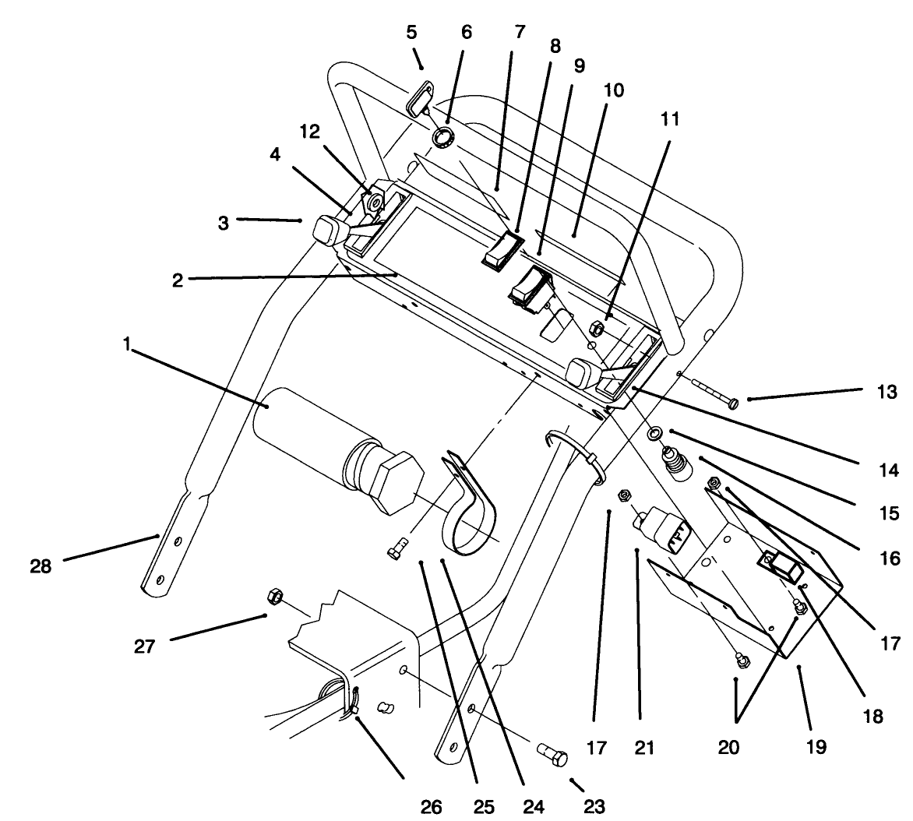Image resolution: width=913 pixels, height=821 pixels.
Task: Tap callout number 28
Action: [x=41, y=566]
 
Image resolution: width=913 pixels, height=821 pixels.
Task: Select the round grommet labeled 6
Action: [x=443, y=138]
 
